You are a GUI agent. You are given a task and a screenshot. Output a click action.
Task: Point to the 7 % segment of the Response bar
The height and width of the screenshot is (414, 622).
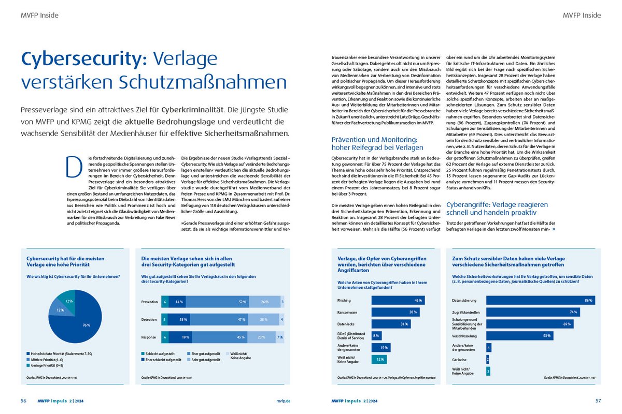click(x=279, y=337)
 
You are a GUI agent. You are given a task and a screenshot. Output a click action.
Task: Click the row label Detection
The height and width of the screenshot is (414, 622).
click(x=149, y=320)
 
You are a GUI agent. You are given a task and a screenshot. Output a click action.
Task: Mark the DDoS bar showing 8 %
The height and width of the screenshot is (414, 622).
click(x=377, y=335)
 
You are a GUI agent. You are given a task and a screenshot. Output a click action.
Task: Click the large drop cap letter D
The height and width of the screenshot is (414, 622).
click(x=74, y=167)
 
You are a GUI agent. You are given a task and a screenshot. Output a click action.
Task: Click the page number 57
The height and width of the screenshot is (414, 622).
click(x=598, y=401)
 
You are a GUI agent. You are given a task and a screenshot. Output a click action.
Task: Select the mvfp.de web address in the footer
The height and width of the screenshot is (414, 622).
click(x=283, y=401)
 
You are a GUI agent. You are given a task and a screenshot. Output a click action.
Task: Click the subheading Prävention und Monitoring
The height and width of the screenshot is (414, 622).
click(x=376, y=139)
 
